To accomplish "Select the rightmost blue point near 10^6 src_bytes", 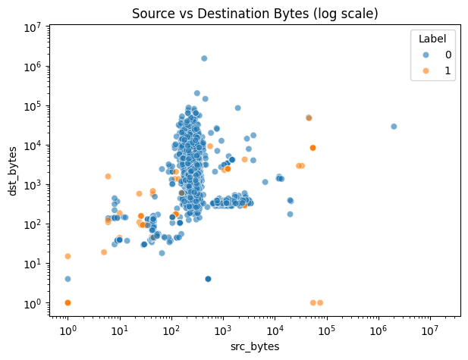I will [394, 127].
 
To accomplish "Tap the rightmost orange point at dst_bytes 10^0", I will [320, 302].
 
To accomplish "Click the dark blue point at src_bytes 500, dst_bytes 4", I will [208, 279].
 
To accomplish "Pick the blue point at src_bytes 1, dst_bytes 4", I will [68, 279].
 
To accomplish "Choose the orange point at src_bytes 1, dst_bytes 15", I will [68, 256].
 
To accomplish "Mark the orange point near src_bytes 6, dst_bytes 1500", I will [108, 177].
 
